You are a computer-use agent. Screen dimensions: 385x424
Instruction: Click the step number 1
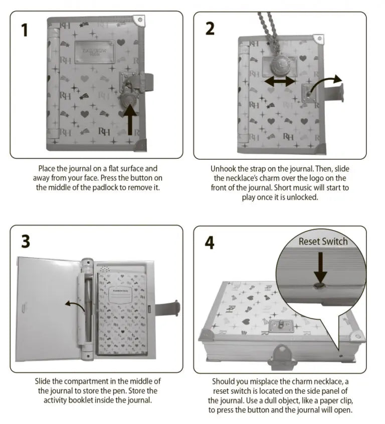coord(25,30)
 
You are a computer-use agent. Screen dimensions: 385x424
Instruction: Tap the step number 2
coord(210,29)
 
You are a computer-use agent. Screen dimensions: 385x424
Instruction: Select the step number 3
coord(26,241)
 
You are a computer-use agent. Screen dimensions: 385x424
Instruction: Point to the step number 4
coord(210,242)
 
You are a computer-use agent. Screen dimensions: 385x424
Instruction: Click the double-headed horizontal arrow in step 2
coord(280,81)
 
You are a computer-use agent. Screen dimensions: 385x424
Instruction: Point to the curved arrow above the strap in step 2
coord(325,83)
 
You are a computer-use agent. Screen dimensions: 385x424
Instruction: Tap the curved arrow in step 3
coord(75,305)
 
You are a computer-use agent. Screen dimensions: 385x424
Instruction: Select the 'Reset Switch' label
coord(323,241)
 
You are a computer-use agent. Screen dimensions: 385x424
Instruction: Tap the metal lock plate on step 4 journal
coord(281,326)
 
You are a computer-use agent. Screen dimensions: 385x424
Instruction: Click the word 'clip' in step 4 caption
coord(347,400)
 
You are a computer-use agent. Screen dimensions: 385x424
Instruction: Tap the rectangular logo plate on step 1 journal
coord(94,52)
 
